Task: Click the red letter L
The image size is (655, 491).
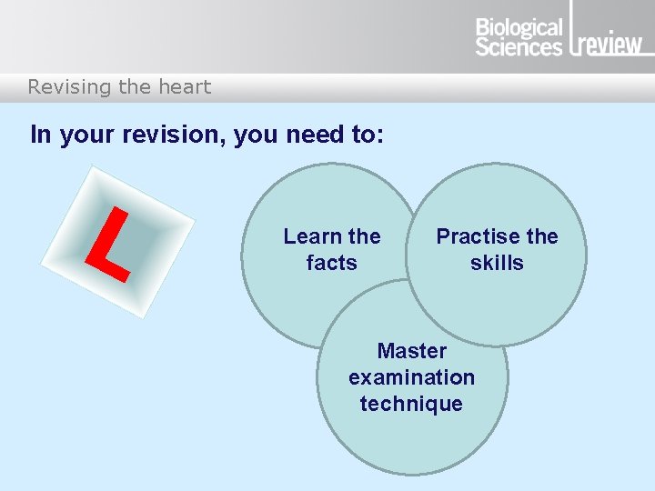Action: click(x=106, y=244)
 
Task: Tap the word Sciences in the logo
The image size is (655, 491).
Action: click(x=519, y=46)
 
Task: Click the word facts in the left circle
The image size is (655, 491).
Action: click(x=331, y=263)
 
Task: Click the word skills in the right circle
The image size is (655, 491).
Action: click(x=497, y=263)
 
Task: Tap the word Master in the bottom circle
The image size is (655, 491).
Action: click(x=411, y=351)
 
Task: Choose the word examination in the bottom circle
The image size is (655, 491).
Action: click(x=411, y=377)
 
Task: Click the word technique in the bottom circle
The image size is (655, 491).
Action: click(x=411, y=404)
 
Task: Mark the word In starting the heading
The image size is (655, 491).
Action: click(x=40, y=135)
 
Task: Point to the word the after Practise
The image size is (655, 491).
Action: click(x=541, y=236)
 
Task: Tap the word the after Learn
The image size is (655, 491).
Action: click(x=364, y=236)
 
